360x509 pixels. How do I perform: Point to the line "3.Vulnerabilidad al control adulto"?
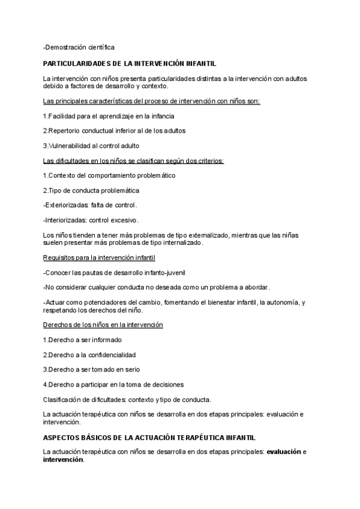tap(91, 145)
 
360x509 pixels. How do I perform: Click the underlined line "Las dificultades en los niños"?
tap(133, 160)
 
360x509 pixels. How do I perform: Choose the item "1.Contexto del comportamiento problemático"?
tap(109, 175)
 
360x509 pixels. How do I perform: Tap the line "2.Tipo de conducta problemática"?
tap(91, 190)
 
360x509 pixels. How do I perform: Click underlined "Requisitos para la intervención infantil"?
tap(100, 258)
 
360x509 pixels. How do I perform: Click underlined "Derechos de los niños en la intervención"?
tap(103, 325)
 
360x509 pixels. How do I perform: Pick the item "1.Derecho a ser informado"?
tap(82, 340)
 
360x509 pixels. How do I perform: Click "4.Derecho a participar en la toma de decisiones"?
tap(113, 384)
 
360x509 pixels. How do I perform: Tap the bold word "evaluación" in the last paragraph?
tap(283, 451)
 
